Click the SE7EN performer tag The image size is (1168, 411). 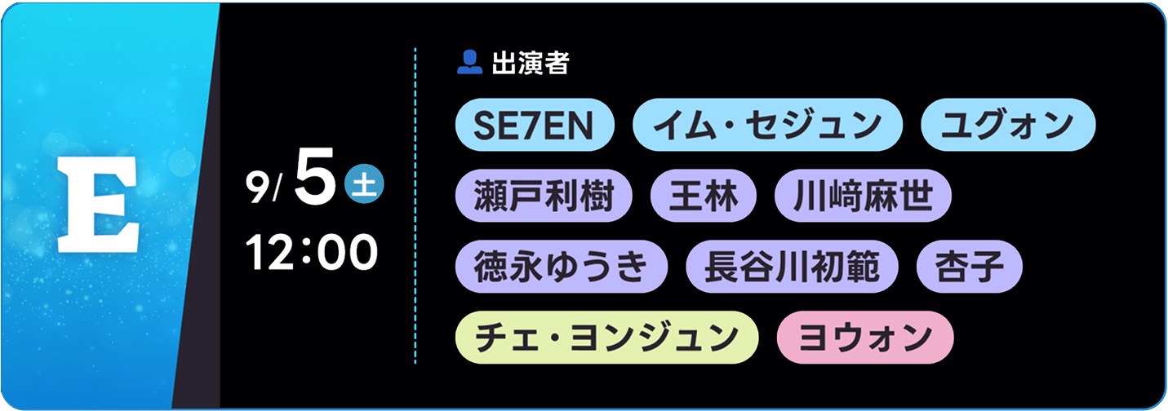[535, 125]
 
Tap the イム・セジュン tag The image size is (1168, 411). [767, 125]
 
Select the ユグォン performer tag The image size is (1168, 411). [1008, 125]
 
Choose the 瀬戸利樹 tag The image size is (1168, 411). [544, 196]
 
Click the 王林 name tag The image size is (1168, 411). [704, 196]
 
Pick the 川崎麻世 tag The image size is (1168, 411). [863, 196]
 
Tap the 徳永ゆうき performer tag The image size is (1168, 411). [562, 267]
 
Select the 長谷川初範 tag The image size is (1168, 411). [792, 267]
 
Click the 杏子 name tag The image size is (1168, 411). [970, 267]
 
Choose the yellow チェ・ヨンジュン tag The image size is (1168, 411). [607, 338]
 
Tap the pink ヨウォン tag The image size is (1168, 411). [865, 338]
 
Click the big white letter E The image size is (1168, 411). [98, 204]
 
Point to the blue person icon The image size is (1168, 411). [469, 63]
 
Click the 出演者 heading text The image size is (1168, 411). [531, 63]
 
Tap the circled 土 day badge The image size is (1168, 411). [364, 183]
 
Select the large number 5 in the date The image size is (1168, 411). [315, 176]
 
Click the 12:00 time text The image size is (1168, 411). [312, 252]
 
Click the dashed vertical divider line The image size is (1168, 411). [415, 205]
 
